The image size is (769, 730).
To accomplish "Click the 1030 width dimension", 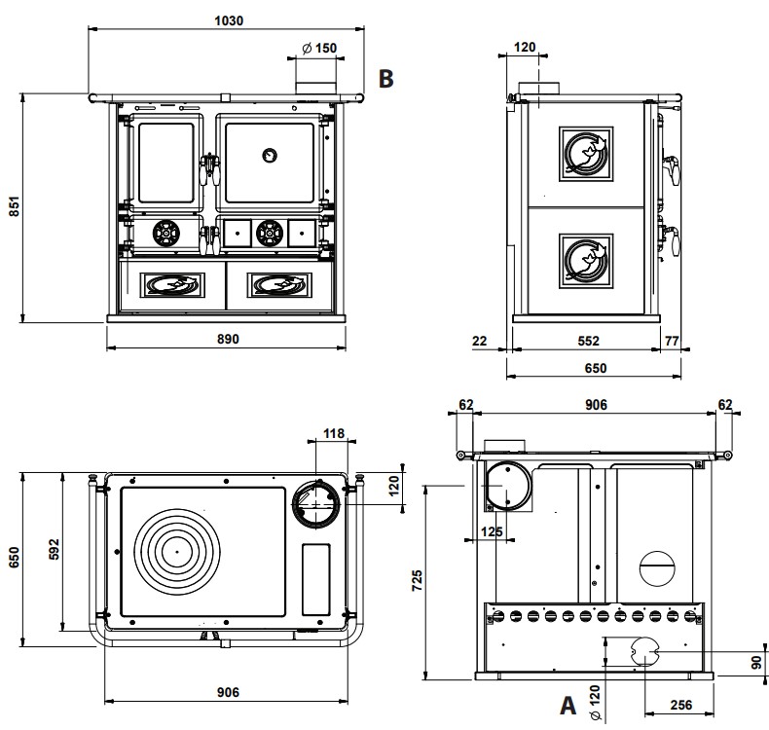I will tap(228, 19).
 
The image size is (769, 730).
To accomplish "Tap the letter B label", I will tap(386, 79).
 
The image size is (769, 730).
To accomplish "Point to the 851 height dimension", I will tap(14, 208).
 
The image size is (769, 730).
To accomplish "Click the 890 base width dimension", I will tap(227, 339).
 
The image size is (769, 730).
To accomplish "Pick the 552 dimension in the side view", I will tap(587, 341).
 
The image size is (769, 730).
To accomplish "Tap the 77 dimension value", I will tap(672, 341).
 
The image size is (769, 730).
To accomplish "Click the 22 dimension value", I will tap(478, 341).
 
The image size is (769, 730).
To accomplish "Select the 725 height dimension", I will tap(417, 582).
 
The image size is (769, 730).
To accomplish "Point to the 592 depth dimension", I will tap(55, 549).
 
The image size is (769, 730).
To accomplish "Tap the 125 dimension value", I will tap(493, 531).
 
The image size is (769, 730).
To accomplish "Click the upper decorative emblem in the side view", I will tap(586, 154).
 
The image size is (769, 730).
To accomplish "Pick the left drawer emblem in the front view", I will tap(171, 284).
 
